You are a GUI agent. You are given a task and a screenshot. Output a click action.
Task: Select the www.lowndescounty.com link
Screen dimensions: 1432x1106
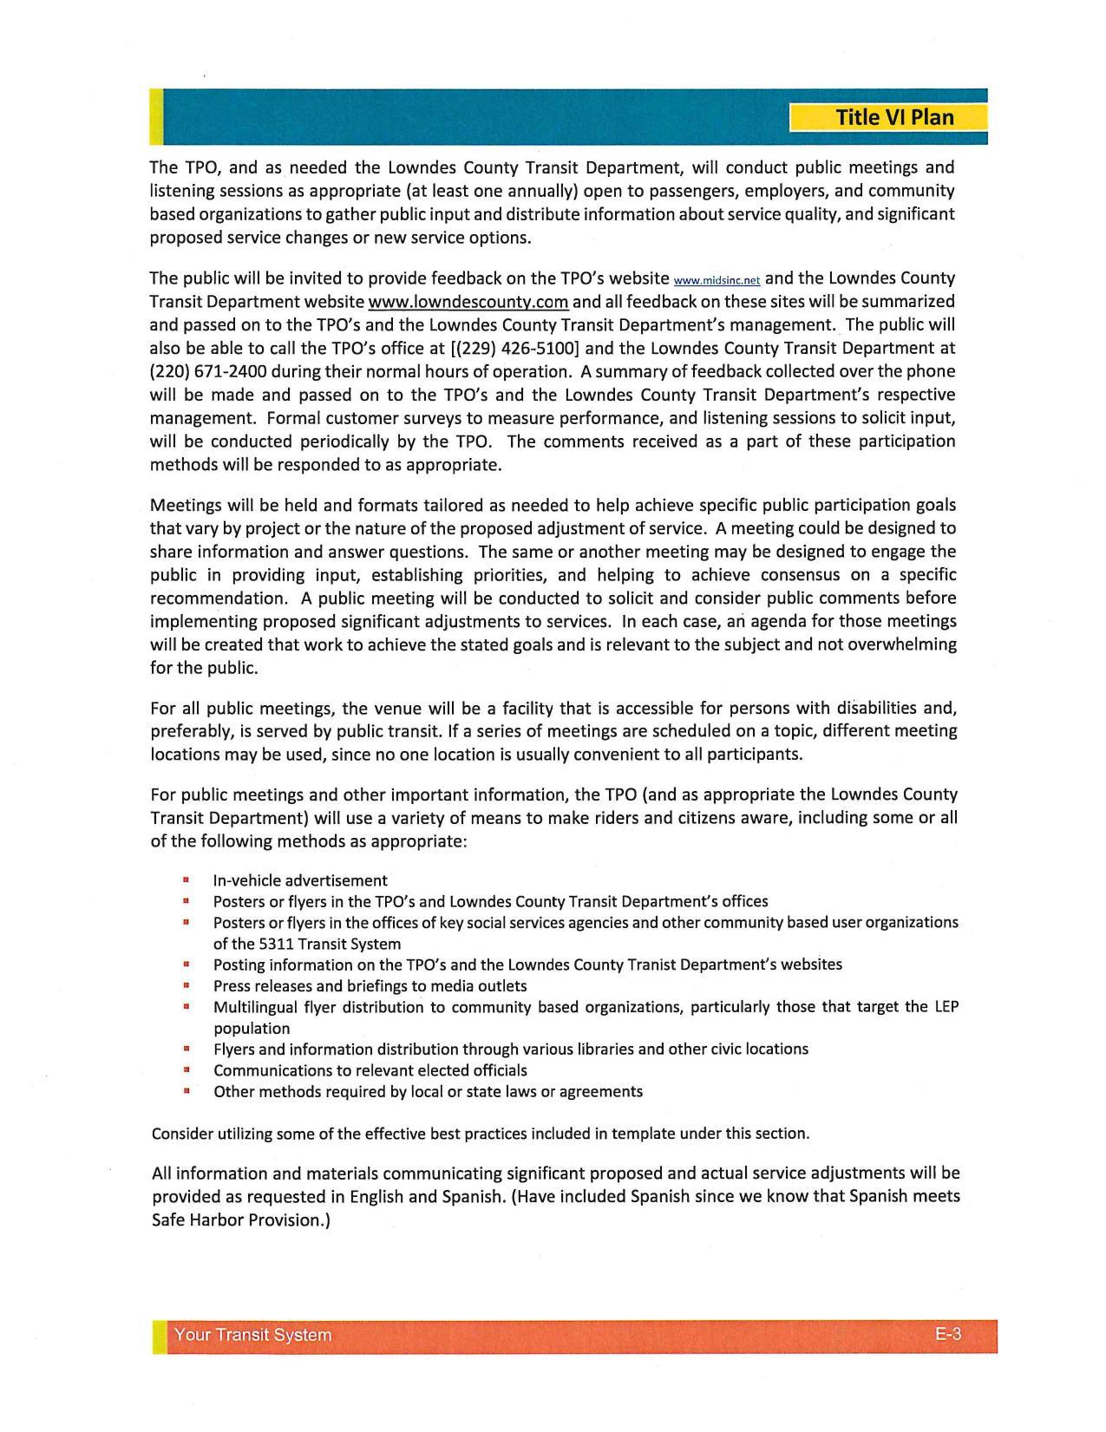468,302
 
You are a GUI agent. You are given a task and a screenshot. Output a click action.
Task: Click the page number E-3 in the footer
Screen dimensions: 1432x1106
948,1334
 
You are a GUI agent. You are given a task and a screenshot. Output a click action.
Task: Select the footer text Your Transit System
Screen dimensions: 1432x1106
252,1335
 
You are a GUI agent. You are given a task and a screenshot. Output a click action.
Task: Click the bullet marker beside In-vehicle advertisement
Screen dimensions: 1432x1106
187,880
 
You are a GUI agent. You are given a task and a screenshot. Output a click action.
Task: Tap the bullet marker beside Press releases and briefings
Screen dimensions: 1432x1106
187,986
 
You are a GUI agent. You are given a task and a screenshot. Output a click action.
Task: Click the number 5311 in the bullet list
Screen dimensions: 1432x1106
277,944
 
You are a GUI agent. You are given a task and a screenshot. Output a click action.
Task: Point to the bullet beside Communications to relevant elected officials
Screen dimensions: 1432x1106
187,1070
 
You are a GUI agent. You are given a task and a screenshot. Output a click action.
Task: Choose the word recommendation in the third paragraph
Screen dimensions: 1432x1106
217,598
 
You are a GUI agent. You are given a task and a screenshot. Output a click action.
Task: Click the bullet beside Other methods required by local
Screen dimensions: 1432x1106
187,1091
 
